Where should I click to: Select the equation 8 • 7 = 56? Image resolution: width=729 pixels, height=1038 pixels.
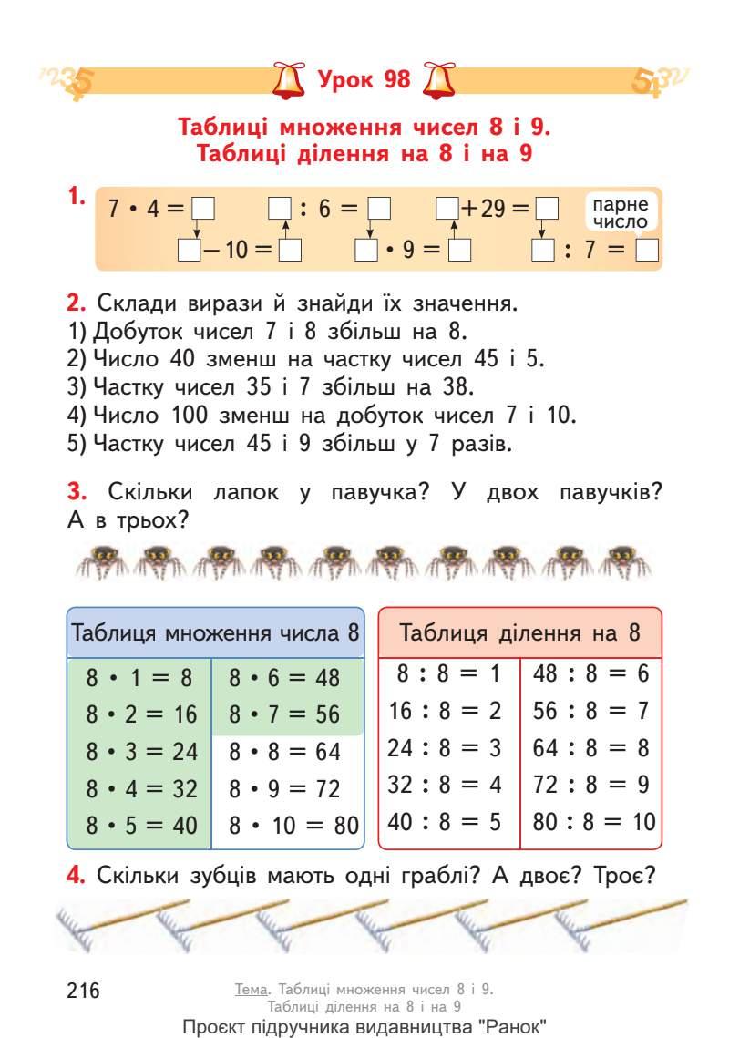pyautogui.click(x=284, y=714)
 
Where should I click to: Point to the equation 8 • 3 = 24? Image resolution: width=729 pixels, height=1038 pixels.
pyautogui.click(x=141, y=752)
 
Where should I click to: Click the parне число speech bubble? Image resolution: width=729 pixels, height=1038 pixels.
pyautogui.click(x=619, y=213)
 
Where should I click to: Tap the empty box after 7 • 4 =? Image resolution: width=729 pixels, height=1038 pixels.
pyautogui.click(x=202, y=209)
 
